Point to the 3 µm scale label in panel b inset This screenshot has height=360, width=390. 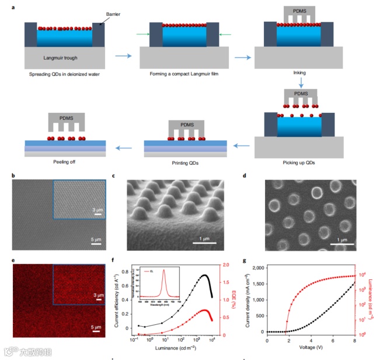click(x=97, y=209)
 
